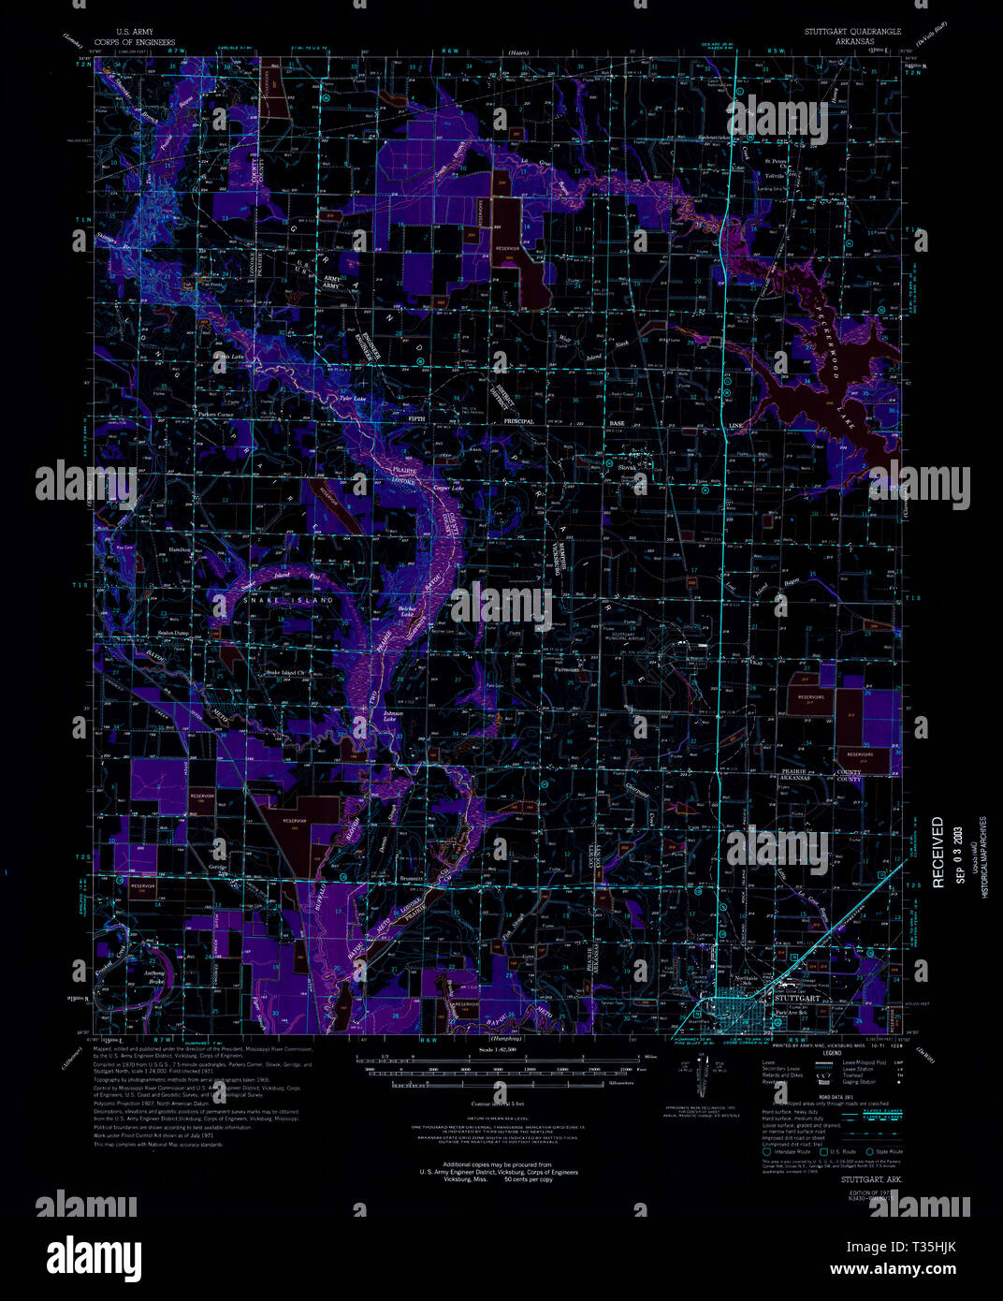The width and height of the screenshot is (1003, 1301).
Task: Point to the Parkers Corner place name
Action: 214,413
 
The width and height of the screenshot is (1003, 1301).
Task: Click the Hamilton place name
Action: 180,550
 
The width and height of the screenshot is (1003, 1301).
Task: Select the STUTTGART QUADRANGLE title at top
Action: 852,32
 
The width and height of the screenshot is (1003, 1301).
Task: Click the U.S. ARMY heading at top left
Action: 121,32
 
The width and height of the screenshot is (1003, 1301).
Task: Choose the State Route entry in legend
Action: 887,1151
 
